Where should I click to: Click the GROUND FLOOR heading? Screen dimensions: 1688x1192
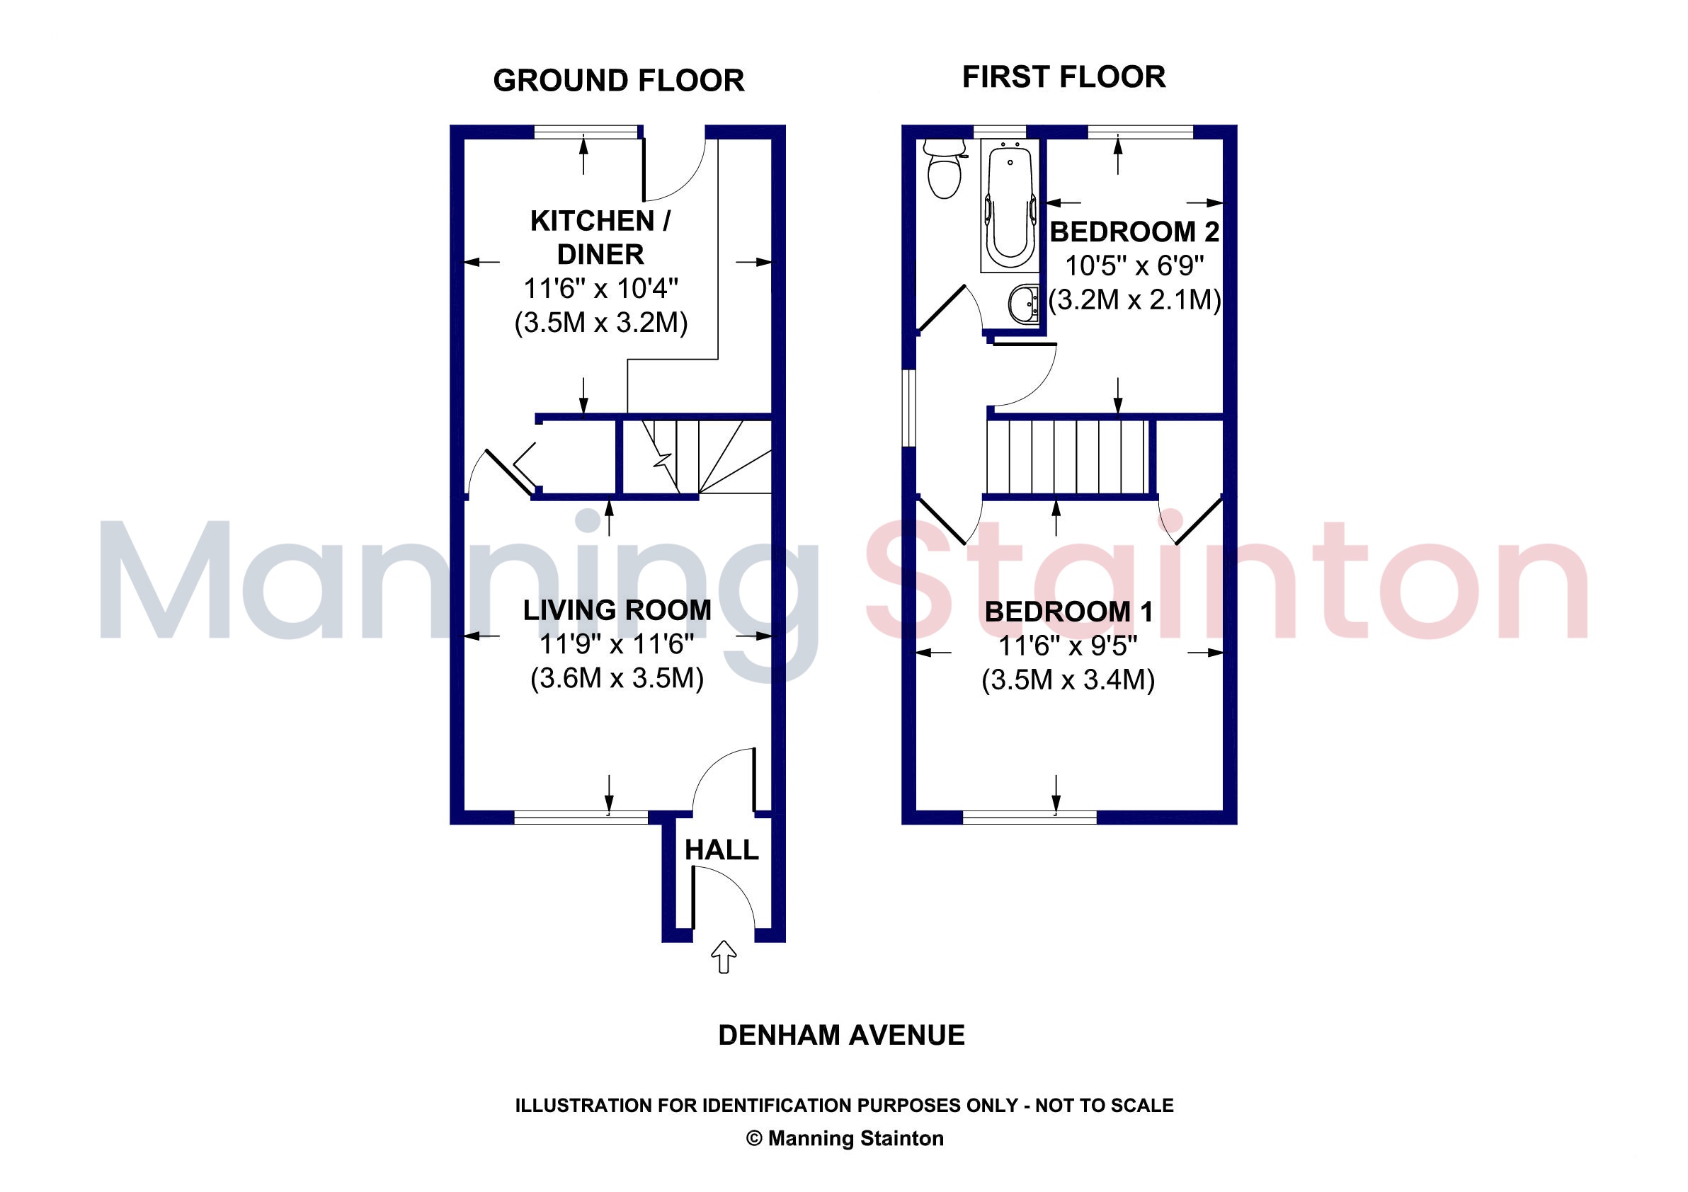(x=618, y=81)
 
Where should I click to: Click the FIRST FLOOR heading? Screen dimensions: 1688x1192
(x=1063, y=77)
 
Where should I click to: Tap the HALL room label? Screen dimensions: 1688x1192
(x=722, y=850)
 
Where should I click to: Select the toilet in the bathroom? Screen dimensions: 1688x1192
(x=944, y=169)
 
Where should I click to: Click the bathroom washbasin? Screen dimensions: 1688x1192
(x=1023, y=304)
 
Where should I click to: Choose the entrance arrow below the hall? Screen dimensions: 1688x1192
(x=724, y=957)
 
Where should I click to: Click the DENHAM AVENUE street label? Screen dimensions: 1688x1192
(x=841, y=1036)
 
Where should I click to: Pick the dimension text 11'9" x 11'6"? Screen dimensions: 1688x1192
(x=617, y=645)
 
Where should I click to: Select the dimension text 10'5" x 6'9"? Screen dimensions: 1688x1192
(x=1134, y=265)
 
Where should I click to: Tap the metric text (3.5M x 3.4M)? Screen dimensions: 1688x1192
(x=1068, y=680)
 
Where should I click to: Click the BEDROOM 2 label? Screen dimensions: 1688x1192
(x=1134, y=232)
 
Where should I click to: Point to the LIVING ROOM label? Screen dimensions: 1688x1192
(x=617, y=610)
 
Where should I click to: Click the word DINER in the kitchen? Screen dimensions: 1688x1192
(x=600, y=254)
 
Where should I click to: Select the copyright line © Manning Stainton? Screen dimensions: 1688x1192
(x=845, y=1138)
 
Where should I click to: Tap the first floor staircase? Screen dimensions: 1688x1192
(x=1068, y=457)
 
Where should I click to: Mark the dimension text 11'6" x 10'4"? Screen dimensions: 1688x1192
(x=600, y=289)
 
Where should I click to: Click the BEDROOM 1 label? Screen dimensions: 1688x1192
(x=1068, y=612)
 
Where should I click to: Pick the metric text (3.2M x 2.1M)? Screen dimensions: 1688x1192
(x=1134, y=300)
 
